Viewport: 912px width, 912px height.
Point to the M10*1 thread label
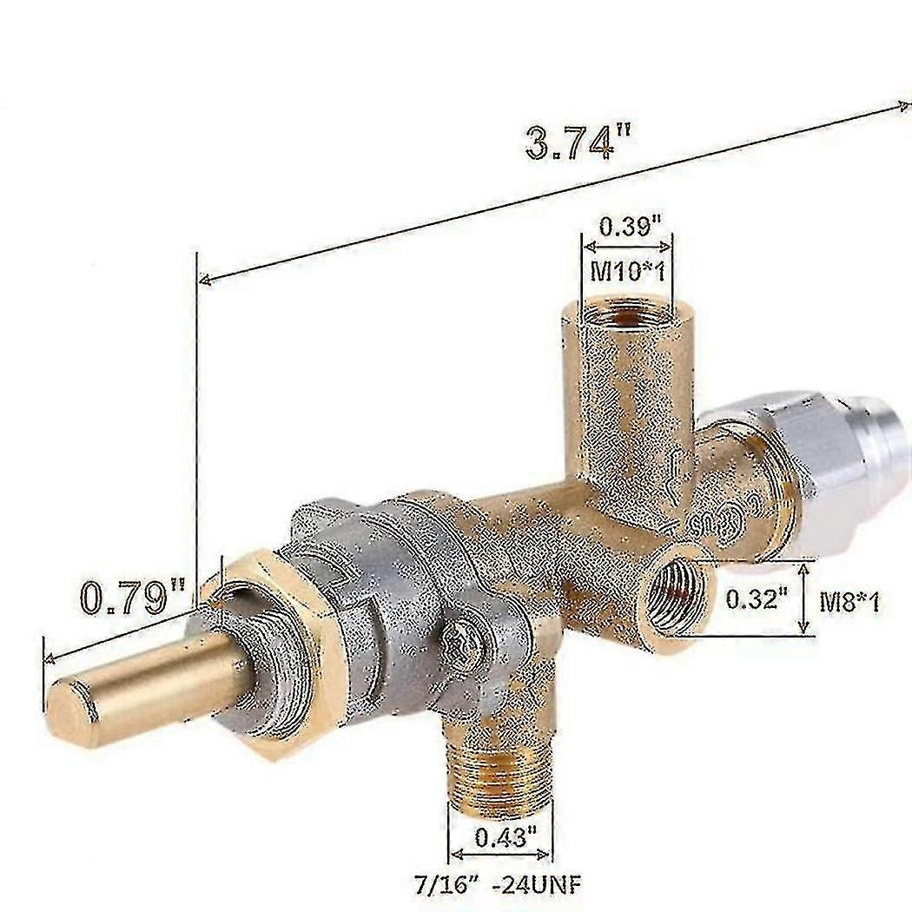pos(627,270)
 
